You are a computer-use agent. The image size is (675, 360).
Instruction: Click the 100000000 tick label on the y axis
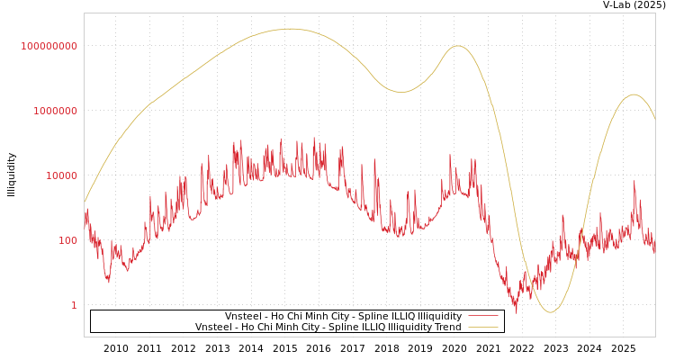(49, 46)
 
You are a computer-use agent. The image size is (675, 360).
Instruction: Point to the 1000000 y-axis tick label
(55, 111)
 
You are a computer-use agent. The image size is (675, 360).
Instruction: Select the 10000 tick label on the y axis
(61, 175)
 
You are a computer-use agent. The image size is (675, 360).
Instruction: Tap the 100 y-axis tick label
(67, 240)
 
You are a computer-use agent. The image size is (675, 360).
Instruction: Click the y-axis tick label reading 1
(74, 305)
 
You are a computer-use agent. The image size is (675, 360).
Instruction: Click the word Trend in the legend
(446, 328)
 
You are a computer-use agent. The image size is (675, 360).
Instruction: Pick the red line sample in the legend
(483, 317)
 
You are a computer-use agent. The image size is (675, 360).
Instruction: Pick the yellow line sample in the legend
(483, 328)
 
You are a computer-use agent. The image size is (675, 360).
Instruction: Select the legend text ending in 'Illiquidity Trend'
(328, 328)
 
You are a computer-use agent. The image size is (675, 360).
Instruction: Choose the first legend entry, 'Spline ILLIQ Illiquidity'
(343, 317)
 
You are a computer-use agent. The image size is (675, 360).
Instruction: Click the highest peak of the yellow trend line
(290, 29)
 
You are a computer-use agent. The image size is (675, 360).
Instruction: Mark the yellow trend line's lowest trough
(552, 312)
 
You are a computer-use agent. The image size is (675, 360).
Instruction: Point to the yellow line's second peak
(458, 46)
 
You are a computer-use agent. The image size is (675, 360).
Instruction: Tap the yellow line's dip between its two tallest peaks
(401, 92)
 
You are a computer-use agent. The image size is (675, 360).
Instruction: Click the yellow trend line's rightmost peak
(634, 94)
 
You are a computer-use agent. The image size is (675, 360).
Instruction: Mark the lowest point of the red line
(516, 311)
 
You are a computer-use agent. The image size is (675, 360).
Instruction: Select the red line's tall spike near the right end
(634, 182)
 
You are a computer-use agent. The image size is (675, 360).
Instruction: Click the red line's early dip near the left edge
(109, 282)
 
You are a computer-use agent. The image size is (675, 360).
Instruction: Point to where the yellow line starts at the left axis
(85, 202)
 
